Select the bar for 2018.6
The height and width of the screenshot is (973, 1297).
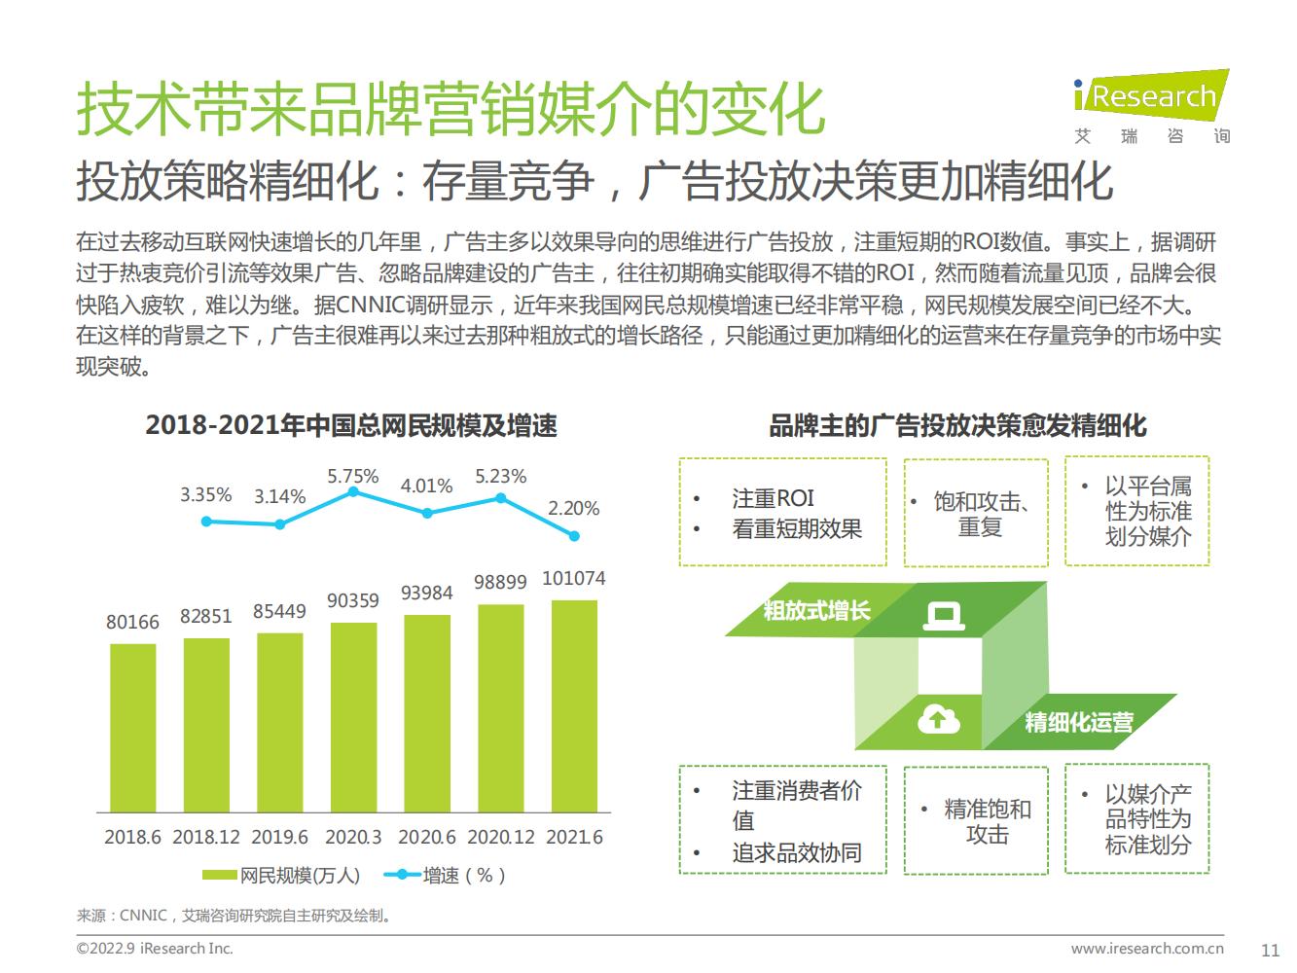[x=132, y=727]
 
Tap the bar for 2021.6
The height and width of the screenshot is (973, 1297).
[x=574, y=705]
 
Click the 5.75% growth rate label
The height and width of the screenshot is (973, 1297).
[x=352, y=476]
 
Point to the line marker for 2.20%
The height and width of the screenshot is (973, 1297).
[x=574, y=536]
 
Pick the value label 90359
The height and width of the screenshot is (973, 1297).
[x=352, y=600]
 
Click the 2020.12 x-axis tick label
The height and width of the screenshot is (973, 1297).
[x=500, y=837]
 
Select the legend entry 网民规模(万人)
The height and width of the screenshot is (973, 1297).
[x=281, y=875]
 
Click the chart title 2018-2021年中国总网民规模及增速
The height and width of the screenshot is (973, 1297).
[x=351, y=425]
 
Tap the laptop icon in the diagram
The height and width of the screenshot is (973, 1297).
[x=943, y=616]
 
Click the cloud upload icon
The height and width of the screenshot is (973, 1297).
[x=938, y=720]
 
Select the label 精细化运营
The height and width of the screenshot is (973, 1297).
[x=1078, y=722]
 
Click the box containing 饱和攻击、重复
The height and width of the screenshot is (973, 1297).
[x=976, y=513]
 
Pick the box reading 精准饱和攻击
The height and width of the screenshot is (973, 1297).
[x=976, y=820]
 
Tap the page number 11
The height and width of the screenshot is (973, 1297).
[x=1270, y=950]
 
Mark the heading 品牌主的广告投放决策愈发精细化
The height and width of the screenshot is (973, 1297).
[x=957, y=425]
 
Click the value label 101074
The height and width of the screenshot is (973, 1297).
[x=573, y=578]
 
